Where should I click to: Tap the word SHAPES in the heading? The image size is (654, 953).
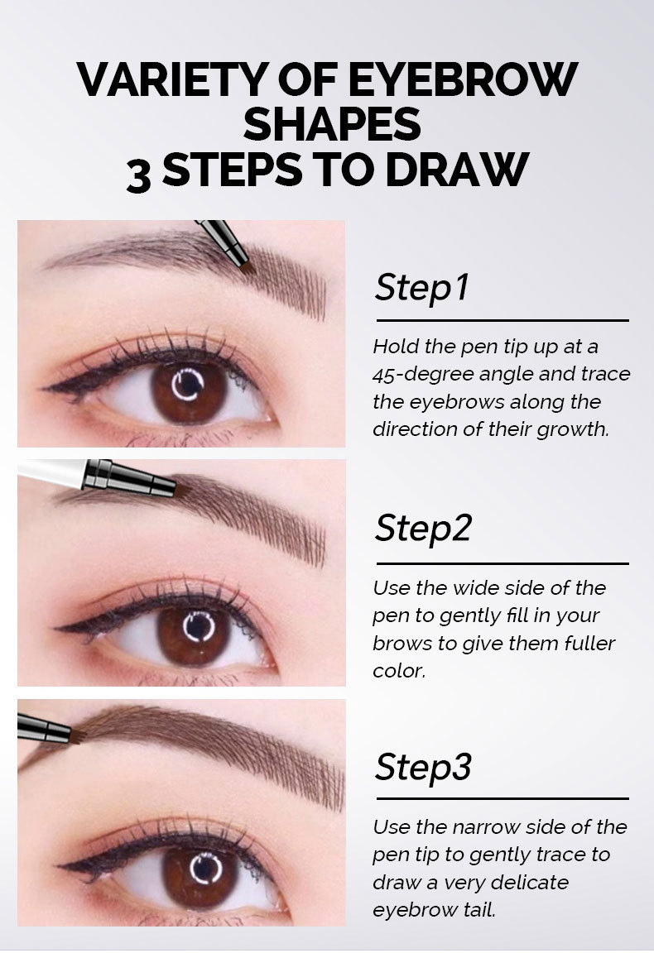click(332, 124)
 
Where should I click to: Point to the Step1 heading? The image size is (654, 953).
click(422, 288)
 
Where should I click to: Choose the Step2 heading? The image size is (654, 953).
click(423, 528)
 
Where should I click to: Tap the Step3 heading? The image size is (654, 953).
click(423, 766)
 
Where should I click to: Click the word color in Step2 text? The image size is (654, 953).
click(398, 671)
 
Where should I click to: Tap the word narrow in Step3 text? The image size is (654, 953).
click(486, 827)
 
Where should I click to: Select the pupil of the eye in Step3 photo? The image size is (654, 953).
click(205, 869)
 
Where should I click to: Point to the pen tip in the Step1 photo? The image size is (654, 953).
click(247, 270)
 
